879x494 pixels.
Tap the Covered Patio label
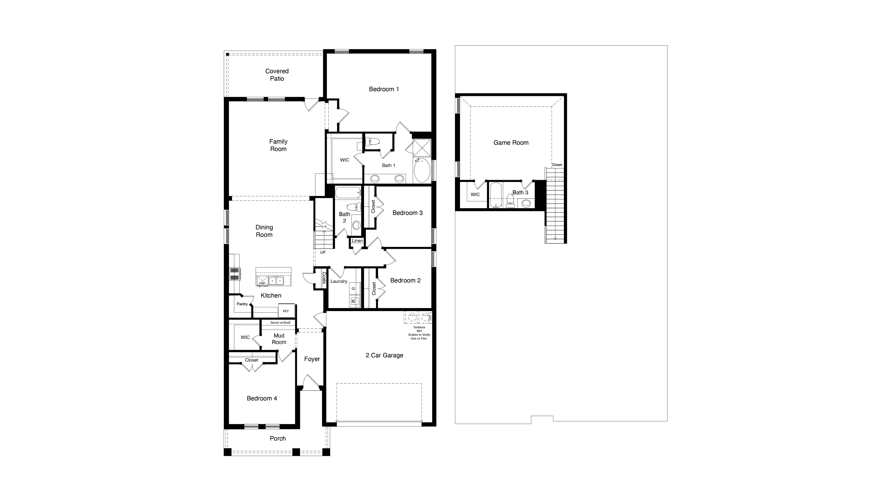(277, 75)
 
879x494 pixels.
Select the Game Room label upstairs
(511, 143)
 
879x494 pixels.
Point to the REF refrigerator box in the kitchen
(286, 311)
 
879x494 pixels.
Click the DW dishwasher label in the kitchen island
(262, 283)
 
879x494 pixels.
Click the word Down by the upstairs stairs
(557, 165)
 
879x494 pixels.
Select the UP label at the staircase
(322, 252)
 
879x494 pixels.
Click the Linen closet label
(357, 240)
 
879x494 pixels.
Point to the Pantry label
(242, 304)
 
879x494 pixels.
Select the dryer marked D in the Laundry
(353, 289)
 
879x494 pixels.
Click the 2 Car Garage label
(384, 355)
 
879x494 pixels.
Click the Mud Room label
(279, 339)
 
